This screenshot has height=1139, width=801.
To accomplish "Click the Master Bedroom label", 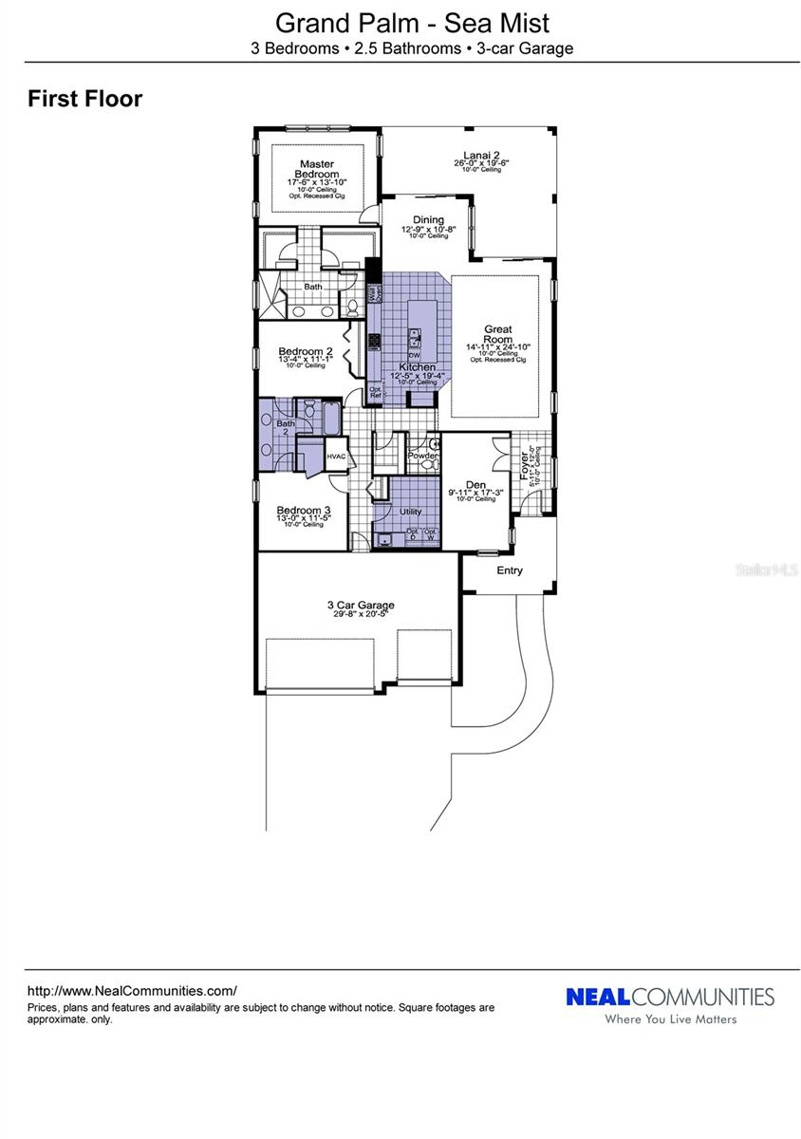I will (317, 169).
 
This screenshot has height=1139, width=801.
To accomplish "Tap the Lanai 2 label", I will (481, 155).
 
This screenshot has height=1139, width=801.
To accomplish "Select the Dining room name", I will (428, 220).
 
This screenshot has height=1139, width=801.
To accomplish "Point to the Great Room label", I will (498, 333).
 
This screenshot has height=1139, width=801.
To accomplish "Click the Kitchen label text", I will (417, 366).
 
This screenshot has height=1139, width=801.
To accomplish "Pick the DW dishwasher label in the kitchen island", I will (415, 355).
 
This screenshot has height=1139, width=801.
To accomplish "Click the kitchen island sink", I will (416, 335).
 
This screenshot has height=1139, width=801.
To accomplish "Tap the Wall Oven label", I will (374, 295).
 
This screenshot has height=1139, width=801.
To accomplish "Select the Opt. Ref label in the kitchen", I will (375, 392).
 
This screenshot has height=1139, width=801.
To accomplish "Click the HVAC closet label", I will (337, 457).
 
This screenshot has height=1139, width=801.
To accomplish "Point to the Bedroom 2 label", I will (305, 351).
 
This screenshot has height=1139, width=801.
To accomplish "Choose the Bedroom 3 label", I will (304, 510).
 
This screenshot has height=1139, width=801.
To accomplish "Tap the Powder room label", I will (422, 456).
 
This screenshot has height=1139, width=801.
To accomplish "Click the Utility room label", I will (410, 512).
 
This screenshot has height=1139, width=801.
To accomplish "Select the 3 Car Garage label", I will (360, 605).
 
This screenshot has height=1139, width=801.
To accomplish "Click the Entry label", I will (510, 570).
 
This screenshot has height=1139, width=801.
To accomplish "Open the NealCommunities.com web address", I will (132, 989).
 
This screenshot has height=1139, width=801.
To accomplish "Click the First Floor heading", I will (85, 98).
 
